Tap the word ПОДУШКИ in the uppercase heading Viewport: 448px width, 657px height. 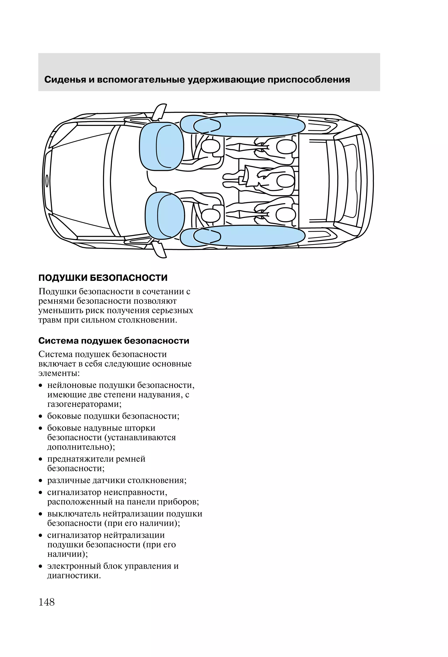[x=63, y=278]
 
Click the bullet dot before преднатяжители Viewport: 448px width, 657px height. [x=41, y=460]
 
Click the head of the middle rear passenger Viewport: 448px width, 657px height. [x=285, y=180]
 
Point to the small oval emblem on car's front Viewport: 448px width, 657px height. [x=47, y=180]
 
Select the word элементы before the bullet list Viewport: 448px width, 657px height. [x=59, y=373]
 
